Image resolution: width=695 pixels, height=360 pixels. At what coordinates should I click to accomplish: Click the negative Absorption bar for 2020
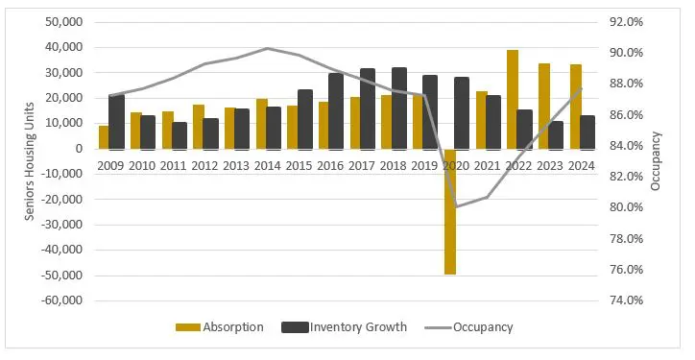click(449, 212)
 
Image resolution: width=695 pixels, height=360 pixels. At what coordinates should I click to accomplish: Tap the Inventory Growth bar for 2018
click(398, 108)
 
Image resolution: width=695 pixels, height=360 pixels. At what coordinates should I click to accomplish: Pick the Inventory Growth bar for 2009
click(116, 122)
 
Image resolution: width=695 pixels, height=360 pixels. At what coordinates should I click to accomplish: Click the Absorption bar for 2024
click(575, 107)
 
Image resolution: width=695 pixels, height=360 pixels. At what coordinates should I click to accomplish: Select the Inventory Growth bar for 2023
click(556, 135)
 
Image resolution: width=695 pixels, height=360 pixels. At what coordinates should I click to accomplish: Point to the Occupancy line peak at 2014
click(267, 48)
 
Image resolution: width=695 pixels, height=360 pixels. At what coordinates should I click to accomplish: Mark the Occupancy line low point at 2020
click(456, 206)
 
